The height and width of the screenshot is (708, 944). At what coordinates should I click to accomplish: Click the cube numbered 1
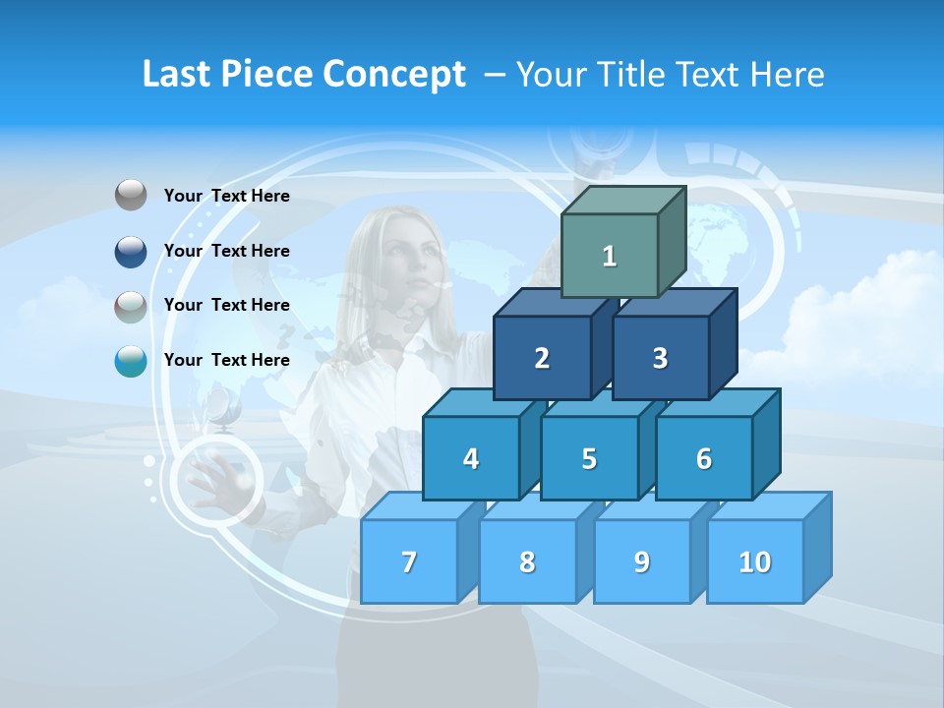(610, 256)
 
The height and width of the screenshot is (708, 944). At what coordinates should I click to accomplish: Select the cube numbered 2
(542, 358)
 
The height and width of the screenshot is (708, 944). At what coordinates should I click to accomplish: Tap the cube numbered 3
(660, 358)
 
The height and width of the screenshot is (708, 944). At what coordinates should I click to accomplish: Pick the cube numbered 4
(471, 458)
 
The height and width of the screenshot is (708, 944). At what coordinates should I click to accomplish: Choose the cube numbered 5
(589, 458)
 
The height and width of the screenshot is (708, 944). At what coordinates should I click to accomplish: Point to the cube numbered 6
(704, 458)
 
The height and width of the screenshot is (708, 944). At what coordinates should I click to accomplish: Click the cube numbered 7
(409, 561)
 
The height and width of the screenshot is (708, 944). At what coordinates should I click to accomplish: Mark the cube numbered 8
(527, 561)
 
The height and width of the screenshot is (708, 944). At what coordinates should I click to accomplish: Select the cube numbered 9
(642, 561)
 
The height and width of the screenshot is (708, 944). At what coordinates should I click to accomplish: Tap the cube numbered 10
(755, 561)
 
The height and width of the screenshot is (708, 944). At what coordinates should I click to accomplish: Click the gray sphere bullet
(131, 196)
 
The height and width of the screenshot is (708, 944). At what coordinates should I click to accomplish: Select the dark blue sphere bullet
(131, 251)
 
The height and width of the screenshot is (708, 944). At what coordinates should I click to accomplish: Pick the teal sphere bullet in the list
(131, 361)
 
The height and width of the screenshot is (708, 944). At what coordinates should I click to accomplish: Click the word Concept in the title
(394, 75)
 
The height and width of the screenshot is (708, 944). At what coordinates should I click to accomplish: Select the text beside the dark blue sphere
(227, 251)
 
